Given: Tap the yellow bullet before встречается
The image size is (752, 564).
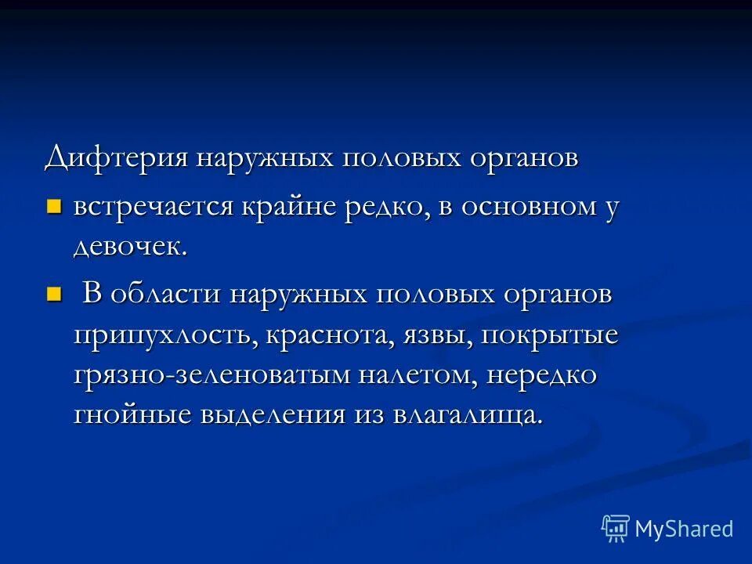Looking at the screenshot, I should (x=53, y=207).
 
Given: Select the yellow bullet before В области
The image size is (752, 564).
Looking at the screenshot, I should (x=53, y=295).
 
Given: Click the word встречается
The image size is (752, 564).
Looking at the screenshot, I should (x=154, y=208).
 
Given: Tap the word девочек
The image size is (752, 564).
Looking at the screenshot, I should (x=130, y=248).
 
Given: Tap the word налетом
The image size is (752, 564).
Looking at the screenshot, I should (x=417, y=376).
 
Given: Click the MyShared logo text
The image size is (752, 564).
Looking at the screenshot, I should (x=683, y=529).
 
